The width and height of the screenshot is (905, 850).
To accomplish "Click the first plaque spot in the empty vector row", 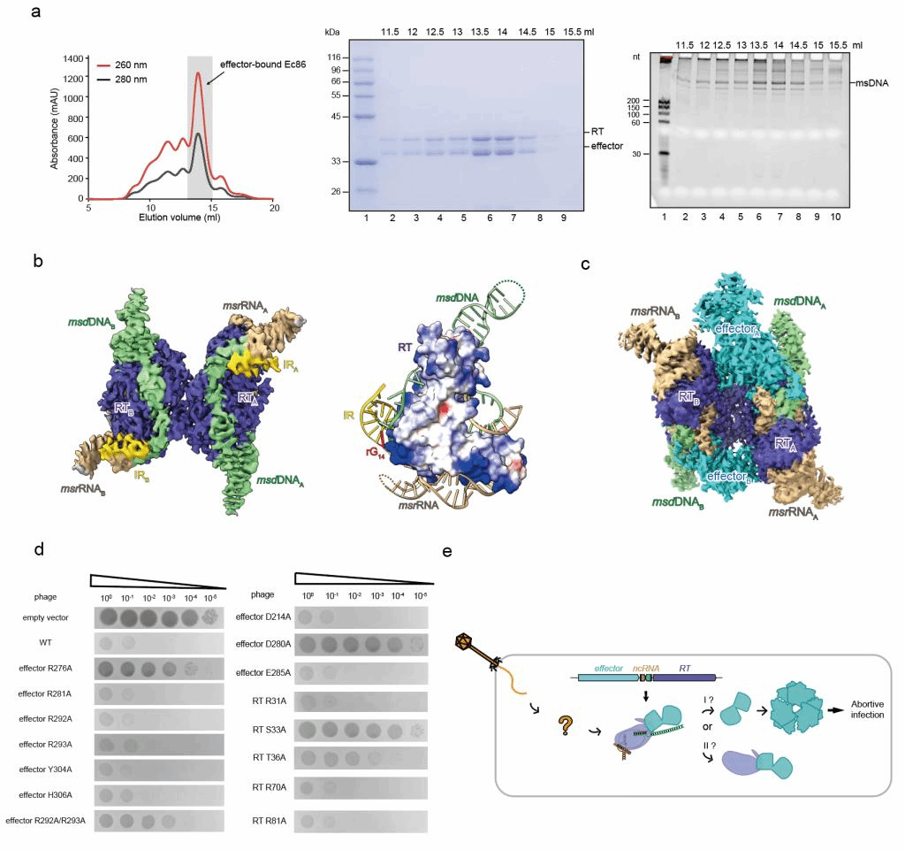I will (110, 617).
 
